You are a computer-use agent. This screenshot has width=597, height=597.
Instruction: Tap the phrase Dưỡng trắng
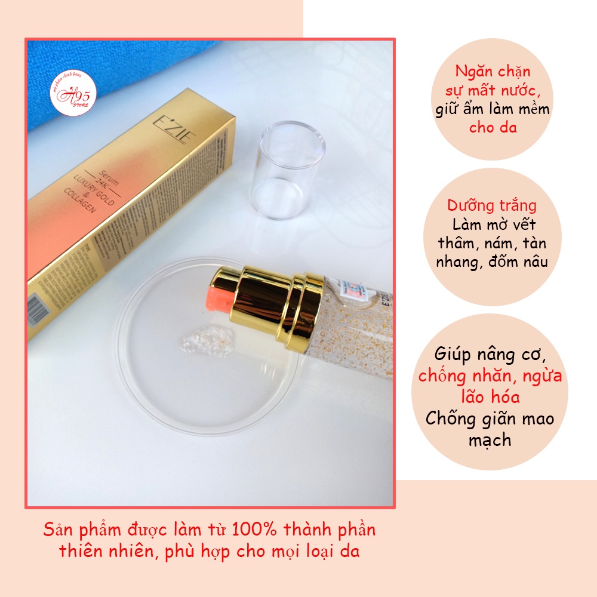493,206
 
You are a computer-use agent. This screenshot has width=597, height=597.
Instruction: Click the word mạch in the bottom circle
490,440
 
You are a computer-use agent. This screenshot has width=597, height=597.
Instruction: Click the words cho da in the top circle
493,127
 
